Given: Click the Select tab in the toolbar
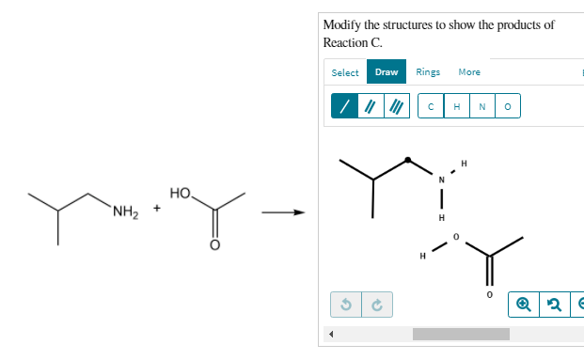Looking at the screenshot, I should click(345, 72).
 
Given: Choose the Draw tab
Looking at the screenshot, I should click(386, 72).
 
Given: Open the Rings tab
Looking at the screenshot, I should click(428, 72).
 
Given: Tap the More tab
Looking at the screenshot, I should click(469, 72).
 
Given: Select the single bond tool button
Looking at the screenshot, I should click(344, 106).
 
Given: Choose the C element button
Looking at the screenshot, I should click(431, 106).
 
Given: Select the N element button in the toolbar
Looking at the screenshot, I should click(481, 106).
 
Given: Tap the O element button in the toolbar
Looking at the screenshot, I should click(507, 106).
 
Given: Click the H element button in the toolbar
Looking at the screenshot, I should click(456, 106).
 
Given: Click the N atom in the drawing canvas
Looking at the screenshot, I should click(440, 180).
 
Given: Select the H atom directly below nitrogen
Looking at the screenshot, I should click(440, 219).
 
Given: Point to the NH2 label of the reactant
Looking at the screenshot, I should click(125, 211).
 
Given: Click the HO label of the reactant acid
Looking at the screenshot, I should click(181, 193).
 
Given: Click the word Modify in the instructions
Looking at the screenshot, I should click(340, 24).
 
